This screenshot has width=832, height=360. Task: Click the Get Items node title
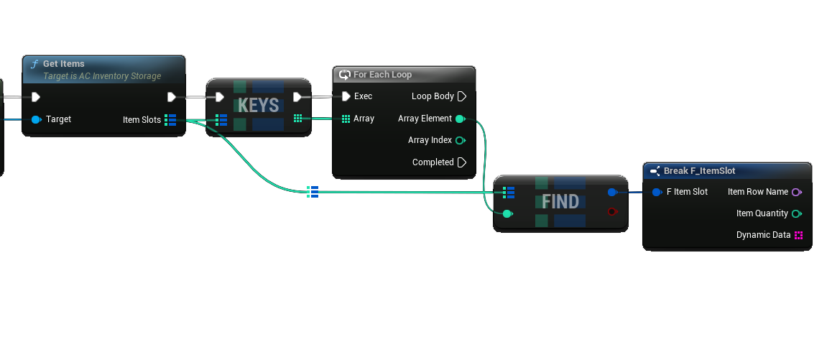pyautogui.click(x=63, y=64)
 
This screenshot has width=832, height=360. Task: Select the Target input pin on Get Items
pyautogui.click(x=36, y=119)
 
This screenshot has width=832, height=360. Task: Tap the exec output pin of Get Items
pyautogui.click(x=172, y=97)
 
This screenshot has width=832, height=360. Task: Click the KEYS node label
pyautogui.click(x=258, y=106)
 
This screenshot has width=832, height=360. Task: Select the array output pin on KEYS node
pyautogui.click(x=297, y=119)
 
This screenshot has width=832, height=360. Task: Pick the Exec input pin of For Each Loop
pyautogui.click(x=346, y=96)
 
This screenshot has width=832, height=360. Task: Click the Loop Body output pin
pyautogui.click(x=462, y=96)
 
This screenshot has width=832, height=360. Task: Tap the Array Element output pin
pyautogui.click(x=460, y=119)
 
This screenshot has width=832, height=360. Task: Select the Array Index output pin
pyautogui.click(x=460, y=141)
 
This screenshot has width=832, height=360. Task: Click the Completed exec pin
pyautogui.click(x=462, y=162)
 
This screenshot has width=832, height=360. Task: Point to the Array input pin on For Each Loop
pyautogui.click(x=346, y=119)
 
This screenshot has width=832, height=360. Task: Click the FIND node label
pyautogui.click(x=560, y=202)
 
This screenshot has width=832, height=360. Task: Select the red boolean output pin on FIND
pyautogui.click(x=611, y=211)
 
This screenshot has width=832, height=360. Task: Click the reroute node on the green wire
pyautogui.click(x=313, y=191)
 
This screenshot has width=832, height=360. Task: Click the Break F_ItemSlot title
pyautogui.click(x=699, y=171)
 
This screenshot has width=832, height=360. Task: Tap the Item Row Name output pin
pyautogui.click(x=796, y=192)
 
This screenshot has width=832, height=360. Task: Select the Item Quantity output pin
pyautogui.click(x=796, y=213)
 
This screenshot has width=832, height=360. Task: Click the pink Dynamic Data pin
pyautogui.click(x=798, y=235)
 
